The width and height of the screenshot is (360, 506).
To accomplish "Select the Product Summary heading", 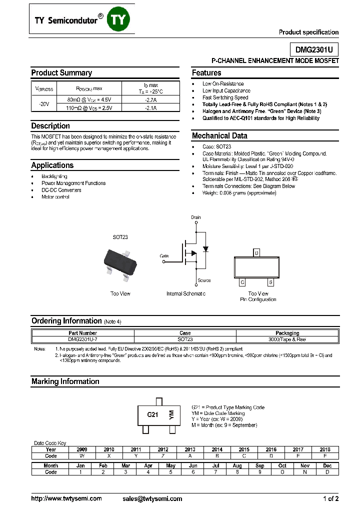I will tap(61, 73).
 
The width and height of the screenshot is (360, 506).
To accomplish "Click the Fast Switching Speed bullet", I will tap(225, 97).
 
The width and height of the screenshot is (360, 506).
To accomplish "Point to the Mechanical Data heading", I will tap(219, 136).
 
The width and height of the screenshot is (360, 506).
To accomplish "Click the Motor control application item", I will tap(55, 197).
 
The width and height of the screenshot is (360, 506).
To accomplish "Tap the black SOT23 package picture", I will tap(120, 260).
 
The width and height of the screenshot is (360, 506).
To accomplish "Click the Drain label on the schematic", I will tap(195, 218).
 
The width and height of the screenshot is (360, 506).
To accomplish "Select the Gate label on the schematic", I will tap(164, 255).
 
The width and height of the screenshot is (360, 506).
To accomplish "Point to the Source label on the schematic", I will tap(203, 280).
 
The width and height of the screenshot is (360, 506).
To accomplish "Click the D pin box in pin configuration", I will tap(256, 253).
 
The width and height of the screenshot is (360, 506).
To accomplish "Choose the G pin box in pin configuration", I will tap(242, 282).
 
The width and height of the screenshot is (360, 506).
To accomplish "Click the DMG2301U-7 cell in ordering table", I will tap(83, 339).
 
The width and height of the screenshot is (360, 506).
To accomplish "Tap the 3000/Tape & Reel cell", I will tap(287, 339).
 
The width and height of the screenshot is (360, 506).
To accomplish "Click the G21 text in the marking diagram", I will tap(152, 415).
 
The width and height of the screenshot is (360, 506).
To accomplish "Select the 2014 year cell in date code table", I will tap(217, 449).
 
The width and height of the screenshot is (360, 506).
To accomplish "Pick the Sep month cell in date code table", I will tap(260, 465).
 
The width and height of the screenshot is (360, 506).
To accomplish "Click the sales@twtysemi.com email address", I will tap(152, 498).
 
